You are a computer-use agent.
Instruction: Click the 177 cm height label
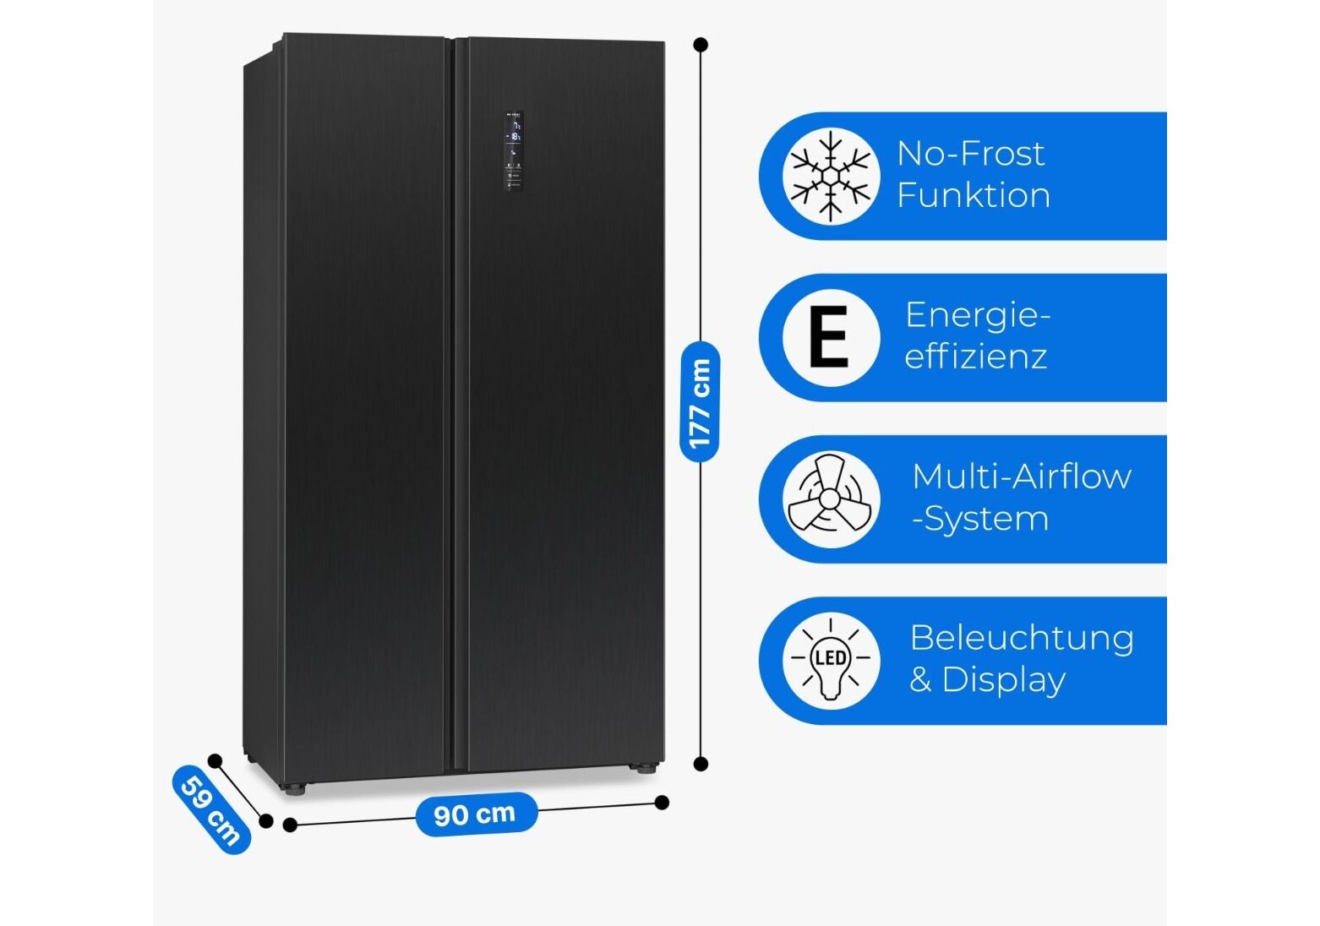700,402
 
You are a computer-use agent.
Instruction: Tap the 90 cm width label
475,814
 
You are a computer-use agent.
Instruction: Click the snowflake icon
831,176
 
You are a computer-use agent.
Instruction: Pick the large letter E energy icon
829,337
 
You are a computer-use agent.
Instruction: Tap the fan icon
830,498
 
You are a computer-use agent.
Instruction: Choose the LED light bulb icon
830,661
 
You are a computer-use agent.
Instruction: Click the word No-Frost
970,153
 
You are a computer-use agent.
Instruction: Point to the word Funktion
974,195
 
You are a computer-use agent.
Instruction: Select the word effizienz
975,356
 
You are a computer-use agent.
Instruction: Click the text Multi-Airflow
1021,477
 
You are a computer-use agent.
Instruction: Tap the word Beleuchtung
1021,638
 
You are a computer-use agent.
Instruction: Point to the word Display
1003,680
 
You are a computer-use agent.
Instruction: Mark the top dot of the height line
700,45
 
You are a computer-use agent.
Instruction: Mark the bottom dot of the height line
700,765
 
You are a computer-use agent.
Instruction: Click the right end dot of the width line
662,803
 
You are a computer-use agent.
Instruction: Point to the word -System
980,519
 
